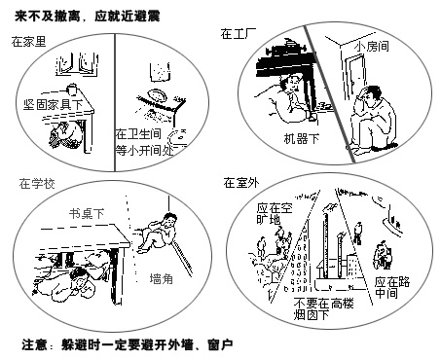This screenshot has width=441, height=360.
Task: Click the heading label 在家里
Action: [29, 42]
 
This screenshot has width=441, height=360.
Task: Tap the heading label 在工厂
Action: [239, 33]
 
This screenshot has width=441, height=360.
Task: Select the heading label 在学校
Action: [37, 184]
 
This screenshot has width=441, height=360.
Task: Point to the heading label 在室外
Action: [241, 183]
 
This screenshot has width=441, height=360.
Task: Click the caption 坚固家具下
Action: [54, 104]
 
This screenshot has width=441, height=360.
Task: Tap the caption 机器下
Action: [302, 138]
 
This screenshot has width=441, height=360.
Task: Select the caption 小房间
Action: [371, 46]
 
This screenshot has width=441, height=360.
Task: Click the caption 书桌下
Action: [87, 213]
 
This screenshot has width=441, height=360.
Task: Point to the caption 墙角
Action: [161, 278]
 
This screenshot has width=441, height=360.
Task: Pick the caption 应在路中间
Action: [392, 287]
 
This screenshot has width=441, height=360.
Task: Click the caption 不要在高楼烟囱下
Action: [324, 308]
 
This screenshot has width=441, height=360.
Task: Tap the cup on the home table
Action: [72, 89]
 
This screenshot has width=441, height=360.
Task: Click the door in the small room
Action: [355, 75]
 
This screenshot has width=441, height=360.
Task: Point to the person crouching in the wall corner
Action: [159, 232]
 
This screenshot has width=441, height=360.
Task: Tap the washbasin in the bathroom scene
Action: [158, 96]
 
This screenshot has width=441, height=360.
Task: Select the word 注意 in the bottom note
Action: [34, 344]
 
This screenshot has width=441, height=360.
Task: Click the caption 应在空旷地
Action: [275, 214]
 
